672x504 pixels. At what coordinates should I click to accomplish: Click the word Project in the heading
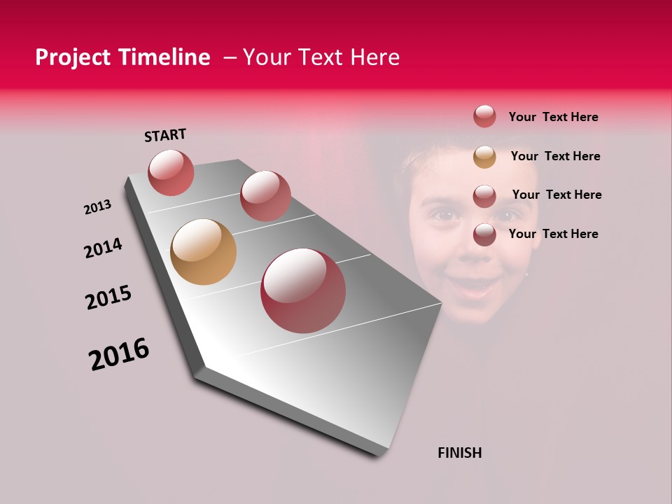pyautogui.click(x=69, y=57)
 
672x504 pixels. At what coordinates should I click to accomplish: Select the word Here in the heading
pyautogui.click(x=374, y=57)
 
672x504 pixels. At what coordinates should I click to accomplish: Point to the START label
pyautogui.click(x=165, y=135)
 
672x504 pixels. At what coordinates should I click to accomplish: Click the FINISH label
pyautogui.click(x=459, y=453)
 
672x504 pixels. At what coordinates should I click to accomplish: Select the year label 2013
pyautogui.click(x=97, y=207)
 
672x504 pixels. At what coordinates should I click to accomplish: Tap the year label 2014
pyautogui.click(x=103, y=248)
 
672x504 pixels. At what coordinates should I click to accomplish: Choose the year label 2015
pyautogui.click(x=108, y=297)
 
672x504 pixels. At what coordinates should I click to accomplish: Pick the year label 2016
pyautogui.click(x=119, y=354)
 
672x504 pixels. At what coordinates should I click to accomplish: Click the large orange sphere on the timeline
pyautogui.click(x=203, y=252)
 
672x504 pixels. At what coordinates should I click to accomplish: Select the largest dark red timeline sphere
pyautogui.click(x=302, y=290)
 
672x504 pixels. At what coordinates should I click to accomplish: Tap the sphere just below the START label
pyautogui.click(x=171, y=172)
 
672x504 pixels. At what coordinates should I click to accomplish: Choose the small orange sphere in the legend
pyautogui.click(x=484, y=157)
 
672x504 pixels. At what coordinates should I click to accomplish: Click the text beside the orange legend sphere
pyautogui.click(x=555, y=156)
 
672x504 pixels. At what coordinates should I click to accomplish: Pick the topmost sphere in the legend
pyautogui.click(x=484, y=116)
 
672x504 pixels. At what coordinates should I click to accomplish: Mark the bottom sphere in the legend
pyautogui.click(x=484, y=234)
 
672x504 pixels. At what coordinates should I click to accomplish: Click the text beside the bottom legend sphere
pyautogui.click(x=553, y=234)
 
